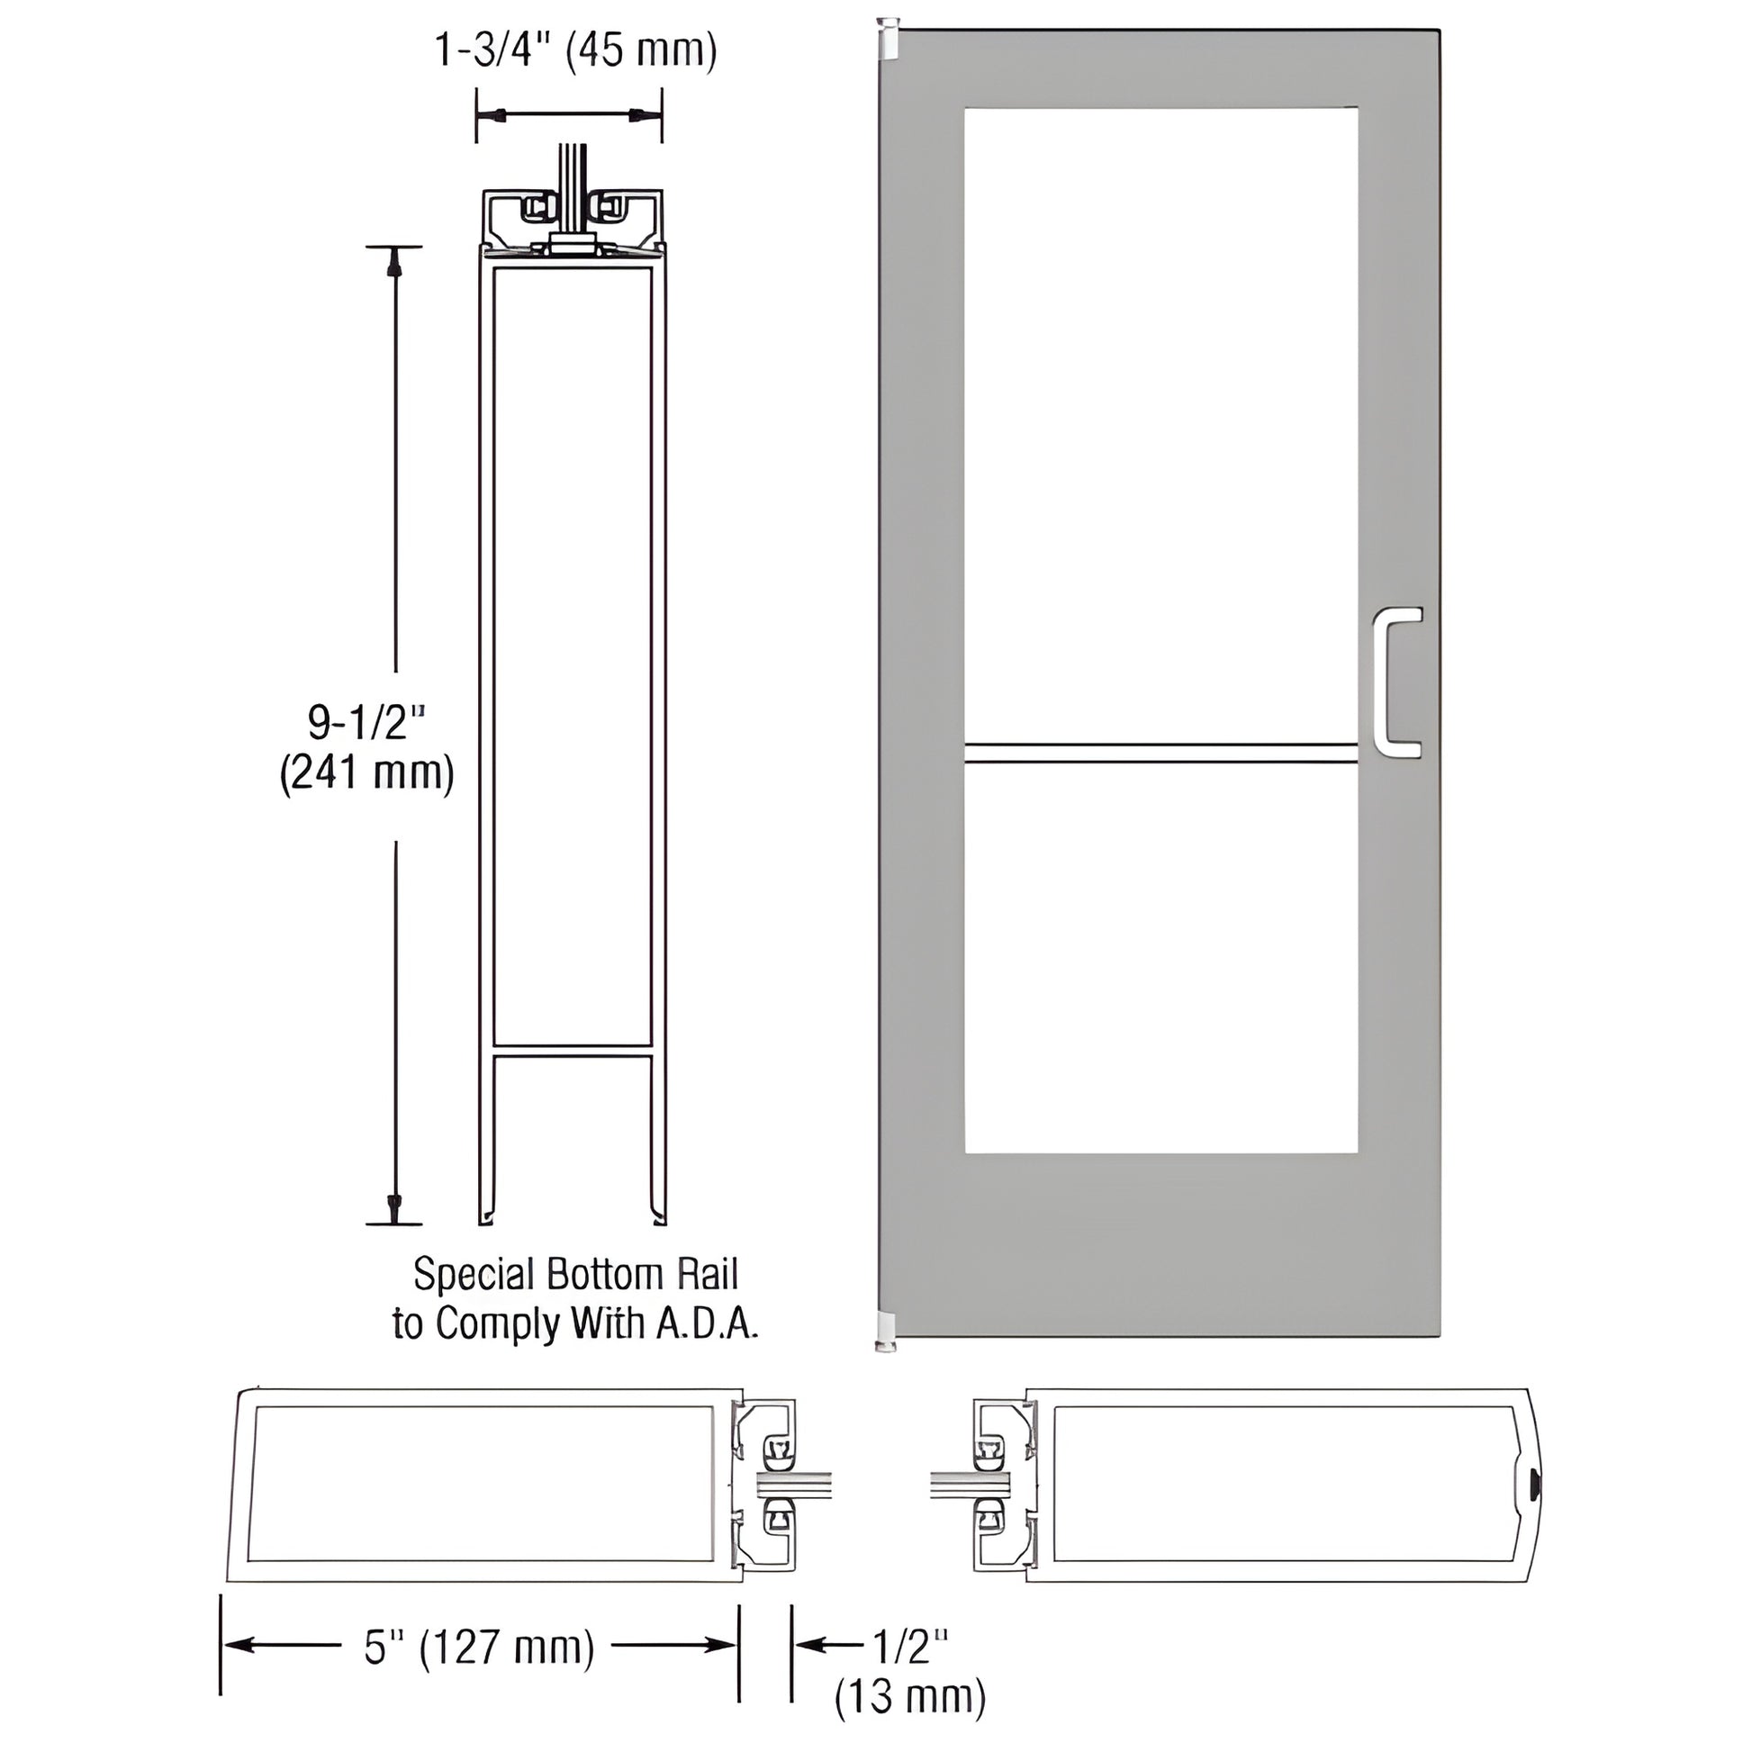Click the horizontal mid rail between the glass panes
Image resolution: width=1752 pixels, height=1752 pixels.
1160,754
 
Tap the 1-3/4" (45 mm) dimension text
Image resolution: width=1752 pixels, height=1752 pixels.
576,50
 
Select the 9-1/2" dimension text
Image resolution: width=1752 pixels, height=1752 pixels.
366,723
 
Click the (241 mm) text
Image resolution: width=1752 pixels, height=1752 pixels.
366,773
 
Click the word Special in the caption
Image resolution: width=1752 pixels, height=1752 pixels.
474,1275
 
